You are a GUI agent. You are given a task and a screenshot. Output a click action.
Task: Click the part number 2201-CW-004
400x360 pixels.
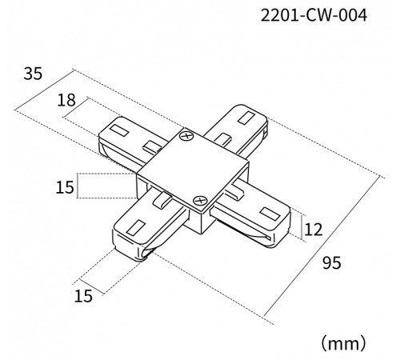[314, 15]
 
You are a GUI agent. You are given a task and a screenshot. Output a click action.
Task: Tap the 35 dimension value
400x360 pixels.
[33, 74]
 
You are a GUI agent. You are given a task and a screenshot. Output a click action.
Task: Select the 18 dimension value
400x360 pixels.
[66, 100]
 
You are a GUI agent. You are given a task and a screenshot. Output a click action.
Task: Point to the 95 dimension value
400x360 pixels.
[332, 262]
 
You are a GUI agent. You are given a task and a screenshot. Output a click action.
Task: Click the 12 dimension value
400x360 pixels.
[313, 230]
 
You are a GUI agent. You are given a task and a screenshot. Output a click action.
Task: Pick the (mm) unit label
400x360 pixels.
[343, 343]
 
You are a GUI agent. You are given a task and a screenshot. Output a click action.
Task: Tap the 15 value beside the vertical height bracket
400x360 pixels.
[65, 187]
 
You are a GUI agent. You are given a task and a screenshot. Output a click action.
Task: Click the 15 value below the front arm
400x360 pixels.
[83, 296]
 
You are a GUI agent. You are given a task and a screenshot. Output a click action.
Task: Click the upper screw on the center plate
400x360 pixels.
[186, 136]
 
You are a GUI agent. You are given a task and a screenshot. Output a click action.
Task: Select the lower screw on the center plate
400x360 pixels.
[200, 200]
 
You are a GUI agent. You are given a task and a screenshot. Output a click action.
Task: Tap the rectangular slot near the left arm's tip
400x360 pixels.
[119, 130]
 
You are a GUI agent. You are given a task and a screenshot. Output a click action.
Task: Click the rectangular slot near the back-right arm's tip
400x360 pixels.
[246, 118]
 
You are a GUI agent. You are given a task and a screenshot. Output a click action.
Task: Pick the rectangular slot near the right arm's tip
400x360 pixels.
[270, 214]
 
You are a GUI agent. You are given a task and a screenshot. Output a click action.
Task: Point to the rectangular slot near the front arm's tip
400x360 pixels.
[136, 228]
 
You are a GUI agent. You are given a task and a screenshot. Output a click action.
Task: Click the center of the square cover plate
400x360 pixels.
[193, 169]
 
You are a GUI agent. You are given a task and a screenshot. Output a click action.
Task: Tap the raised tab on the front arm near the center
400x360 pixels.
[162, 201]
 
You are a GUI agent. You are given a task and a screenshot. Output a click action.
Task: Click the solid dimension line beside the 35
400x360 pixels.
[44, 90]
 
